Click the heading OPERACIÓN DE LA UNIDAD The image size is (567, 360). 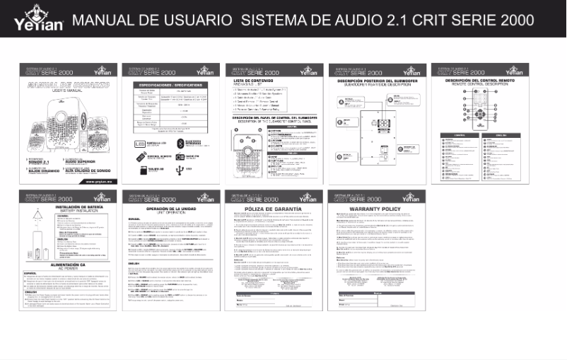click(170, 210)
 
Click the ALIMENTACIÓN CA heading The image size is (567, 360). click(67, 284)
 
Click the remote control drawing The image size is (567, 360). click(478, 109)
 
